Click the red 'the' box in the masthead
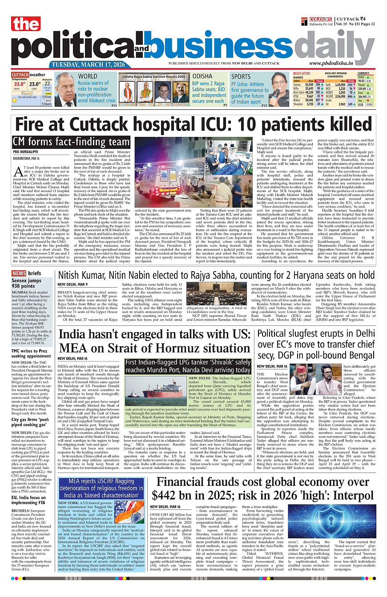point(26,24)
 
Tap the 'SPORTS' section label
point(241,76)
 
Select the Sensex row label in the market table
point(298,84)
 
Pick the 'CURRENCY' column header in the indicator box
point(363,73)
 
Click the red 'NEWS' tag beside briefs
point(19,273)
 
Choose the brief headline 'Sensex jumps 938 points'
point(26,284)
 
